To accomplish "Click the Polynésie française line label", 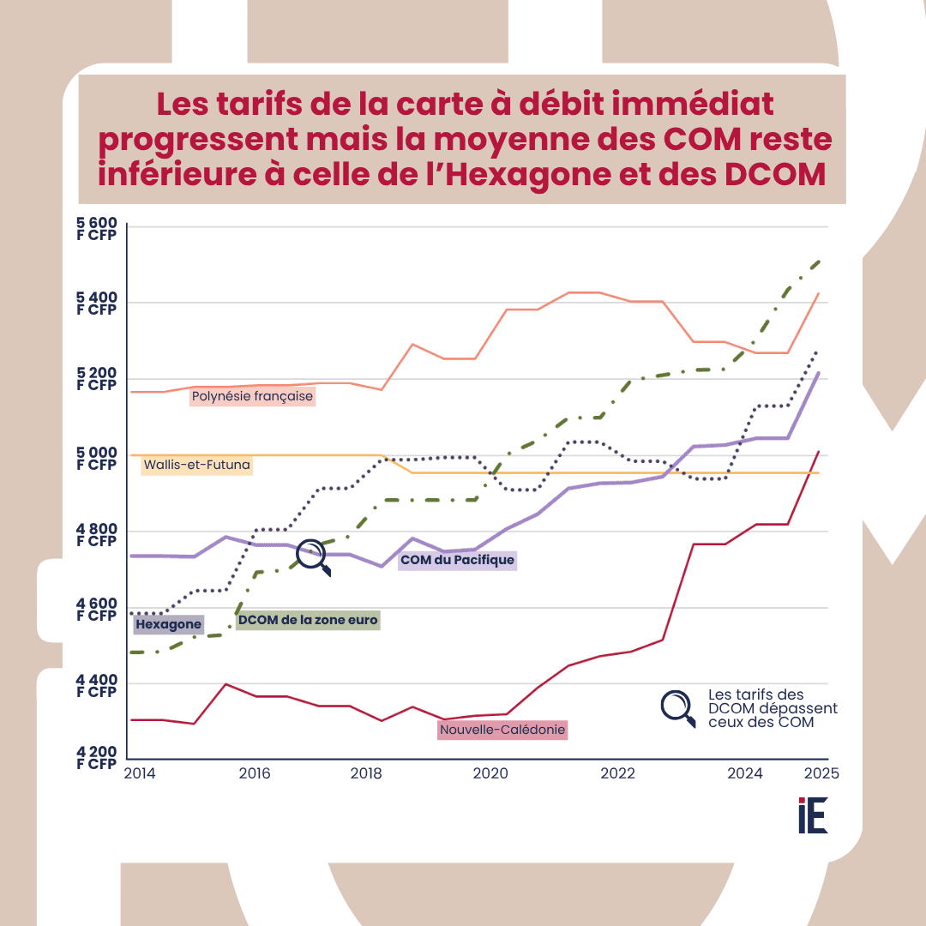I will [x=252, y=397].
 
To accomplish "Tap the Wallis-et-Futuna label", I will [x=197, y=466].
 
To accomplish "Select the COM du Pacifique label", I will [x=457, y=561].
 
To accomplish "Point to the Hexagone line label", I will [x=168, y=624].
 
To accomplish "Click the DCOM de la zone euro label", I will [x=308, y=619].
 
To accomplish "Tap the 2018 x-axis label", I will [x=366, y=773].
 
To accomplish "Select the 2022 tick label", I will [x=617, y=773].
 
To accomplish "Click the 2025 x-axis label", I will [x=821, y=773].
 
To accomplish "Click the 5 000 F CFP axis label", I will [x=96, y=460].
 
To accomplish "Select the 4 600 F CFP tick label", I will [x=96, y=610].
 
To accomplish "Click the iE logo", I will [x=812, y=815].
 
